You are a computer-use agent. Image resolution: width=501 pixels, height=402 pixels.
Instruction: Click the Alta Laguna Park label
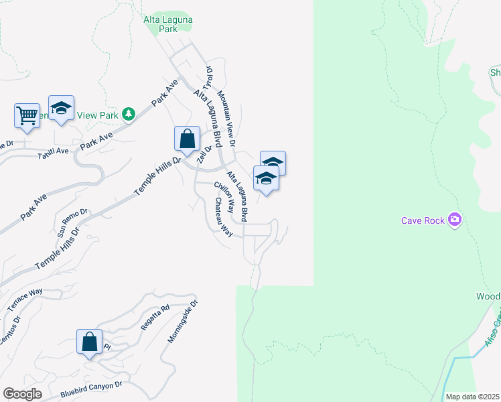[168, 25]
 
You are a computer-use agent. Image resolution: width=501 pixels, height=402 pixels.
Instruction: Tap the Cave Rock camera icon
[455, 219]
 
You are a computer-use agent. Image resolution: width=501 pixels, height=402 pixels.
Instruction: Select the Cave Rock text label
[423, 220]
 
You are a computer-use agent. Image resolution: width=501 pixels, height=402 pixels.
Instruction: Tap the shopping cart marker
[27, 115]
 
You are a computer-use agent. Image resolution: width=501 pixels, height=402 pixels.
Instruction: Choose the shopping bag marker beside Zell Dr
[188, 139]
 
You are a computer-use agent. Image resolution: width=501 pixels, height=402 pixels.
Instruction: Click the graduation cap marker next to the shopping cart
[61, 109]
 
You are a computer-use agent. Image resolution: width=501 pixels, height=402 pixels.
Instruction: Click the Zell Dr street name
[204, 155]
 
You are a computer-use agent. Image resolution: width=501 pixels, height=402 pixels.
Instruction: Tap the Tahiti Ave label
[54, 152]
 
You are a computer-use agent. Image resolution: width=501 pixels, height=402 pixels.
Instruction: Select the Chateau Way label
[223, 217]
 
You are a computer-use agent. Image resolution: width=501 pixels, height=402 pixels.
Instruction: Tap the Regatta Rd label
[155, 316]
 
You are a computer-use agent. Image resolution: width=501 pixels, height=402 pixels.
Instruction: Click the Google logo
[23, 393]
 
